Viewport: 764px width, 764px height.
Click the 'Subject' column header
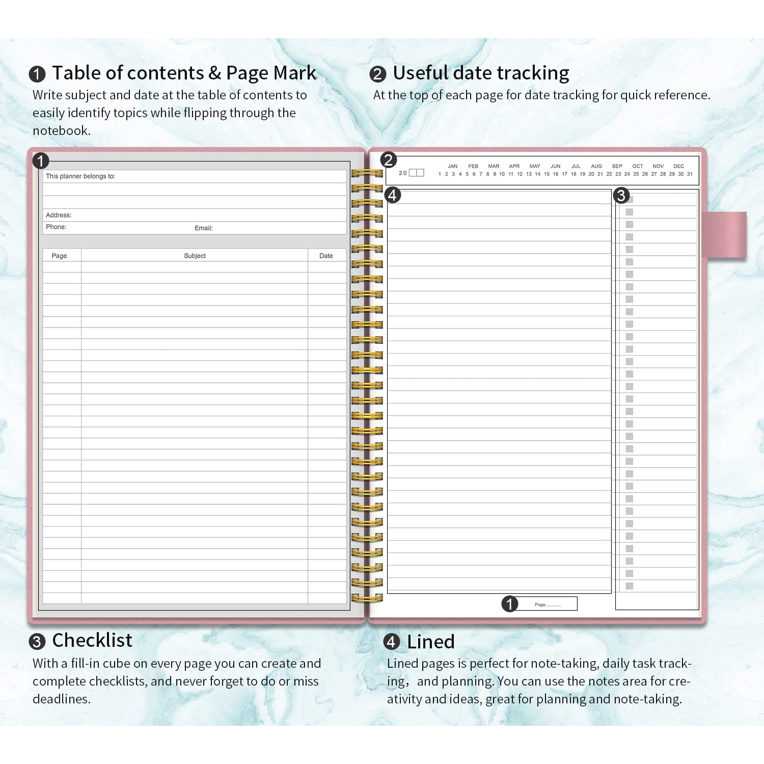point(195,256)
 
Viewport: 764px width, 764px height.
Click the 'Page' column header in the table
point(59,256)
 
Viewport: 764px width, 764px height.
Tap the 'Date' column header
point(326,256)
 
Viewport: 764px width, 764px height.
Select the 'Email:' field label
point(203,228)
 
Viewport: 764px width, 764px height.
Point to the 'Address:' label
point(59,215)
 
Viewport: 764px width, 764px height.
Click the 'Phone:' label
point(56,227)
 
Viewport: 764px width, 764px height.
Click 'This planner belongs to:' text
point(80,176)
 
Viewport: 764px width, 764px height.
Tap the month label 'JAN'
point(452,166)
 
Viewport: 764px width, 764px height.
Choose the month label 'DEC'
point(678,166)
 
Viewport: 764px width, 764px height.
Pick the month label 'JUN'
point(555,166)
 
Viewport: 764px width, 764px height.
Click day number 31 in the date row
point(690,174)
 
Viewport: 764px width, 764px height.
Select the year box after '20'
point(416,173)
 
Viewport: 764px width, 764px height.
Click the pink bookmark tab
point(724,235)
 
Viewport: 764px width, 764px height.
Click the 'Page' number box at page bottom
point(547,604)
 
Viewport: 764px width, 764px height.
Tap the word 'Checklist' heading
point(92,640)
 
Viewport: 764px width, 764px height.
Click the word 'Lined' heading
point(430,642)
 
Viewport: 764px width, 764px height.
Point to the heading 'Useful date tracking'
point(481,73)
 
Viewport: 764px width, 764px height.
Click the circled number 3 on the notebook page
point(621,195)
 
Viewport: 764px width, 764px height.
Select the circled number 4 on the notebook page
point(392,195)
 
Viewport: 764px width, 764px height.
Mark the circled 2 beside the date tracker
point(388,160)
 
